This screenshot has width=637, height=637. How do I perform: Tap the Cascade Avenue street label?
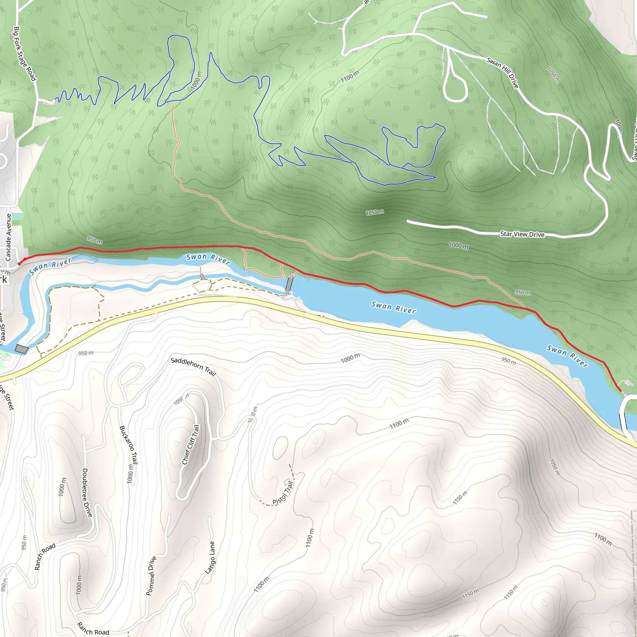click(x=8, y=237)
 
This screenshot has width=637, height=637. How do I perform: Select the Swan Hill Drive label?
click(x=503, y=72)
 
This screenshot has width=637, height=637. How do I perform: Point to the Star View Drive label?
click(x=522, y=234)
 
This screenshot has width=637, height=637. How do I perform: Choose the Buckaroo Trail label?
click(x=128, y=445)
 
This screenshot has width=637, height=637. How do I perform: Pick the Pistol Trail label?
click(x=283, y=493)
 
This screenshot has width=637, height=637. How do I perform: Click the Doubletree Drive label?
click(x=87, y=493)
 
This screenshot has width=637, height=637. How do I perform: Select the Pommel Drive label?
click(x=151, y=576)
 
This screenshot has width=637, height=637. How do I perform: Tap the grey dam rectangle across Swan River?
click(x=289, y=284)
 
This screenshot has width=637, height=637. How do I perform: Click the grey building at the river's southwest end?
click(x=22, y=349)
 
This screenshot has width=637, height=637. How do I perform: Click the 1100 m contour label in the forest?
click(x=350, y=76)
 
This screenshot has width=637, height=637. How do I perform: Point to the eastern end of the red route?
click(x=621, y=391)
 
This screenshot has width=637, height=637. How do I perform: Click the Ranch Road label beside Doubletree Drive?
click(x=45, y=557)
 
